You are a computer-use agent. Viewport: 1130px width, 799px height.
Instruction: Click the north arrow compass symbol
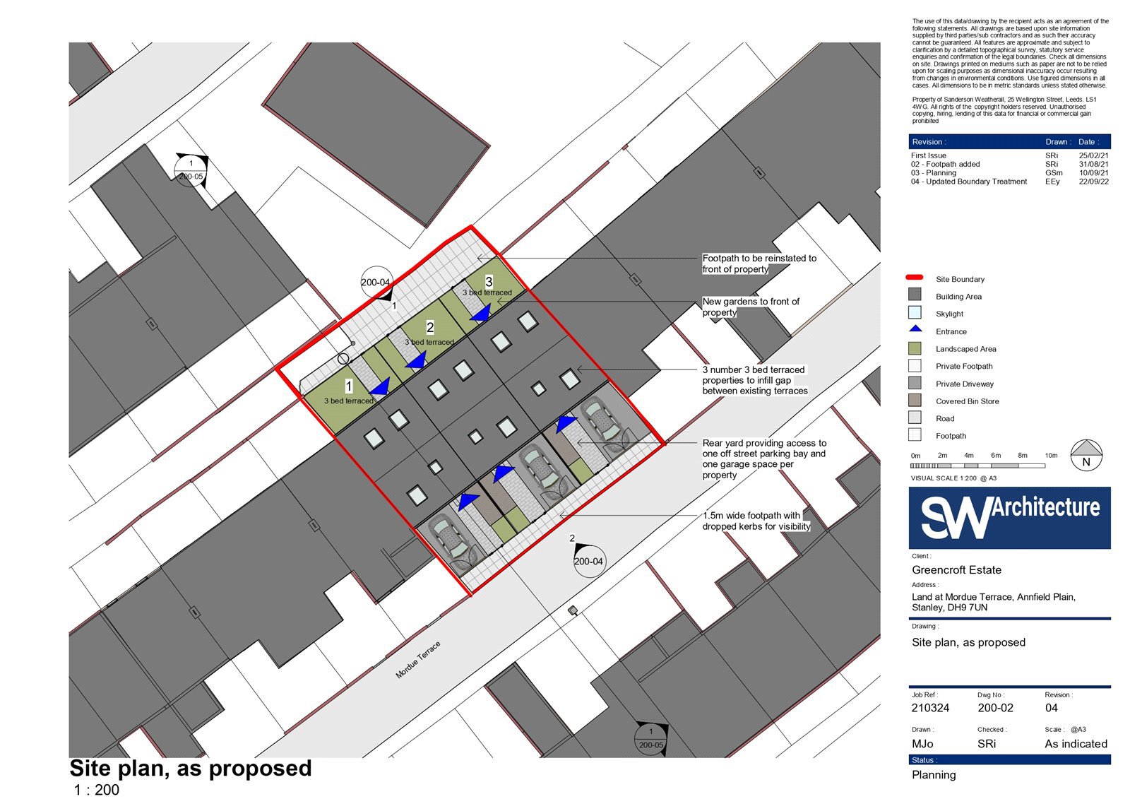click(x=1086, y=455)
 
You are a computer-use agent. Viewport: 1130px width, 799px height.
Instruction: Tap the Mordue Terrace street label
click(x=417, y=660)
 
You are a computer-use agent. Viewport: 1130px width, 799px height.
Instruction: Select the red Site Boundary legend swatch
click(x=914, y=277)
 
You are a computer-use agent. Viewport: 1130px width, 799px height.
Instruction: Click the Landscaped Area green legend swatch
click(x=915, y=348)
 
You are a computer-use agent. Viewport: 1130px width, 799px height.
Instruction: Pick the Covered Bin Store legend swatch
click(x=915, y=401)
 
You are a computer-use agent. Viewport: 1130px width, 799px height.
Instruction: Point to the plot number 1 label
click(x=349, y=386)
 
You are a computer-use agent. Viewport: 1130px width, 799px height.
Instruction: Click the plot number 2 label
click(x=430, y=328)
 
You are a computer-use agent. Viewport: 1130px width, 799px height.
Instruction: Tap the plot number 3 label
click(x=489, y=282)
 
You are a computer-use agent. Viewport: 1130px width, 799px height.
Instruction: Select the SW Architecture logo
click(x=1009, y=517)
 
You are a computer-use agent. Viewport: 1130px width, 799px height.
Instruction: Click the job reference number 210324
click(x=930, y=708)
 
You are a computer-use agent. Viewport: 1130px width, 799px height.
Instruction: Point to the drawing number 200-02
click(x=995, y=708)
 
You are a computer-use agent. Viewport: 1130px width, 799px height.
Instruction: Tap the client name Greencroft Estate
click(x=956, y=570)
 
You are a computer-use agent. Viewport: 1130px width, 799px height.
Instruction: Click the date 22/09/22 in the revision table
click(x=1094, y=181)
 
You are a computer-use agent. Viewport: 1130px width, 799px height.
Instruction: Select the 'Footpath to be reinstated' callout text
click(x=759, y=264)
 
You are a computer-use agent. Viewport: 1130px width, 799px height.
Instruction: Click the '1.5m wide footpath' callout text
click(x=756, y=521)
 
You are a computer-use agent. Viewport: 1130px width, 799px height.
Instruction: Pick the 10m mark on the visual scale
click(x=1052, y=455)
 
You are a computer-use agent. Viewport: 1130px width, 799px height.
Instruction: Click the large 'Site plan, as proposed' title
click(x=191, y=768)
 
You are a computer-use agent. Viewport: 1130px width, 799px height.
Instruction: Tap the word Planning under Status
click(x=934, y=775)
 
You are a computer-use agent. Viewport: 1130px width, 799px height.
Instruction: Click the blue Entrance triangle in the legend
click(x=915, y=329)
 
